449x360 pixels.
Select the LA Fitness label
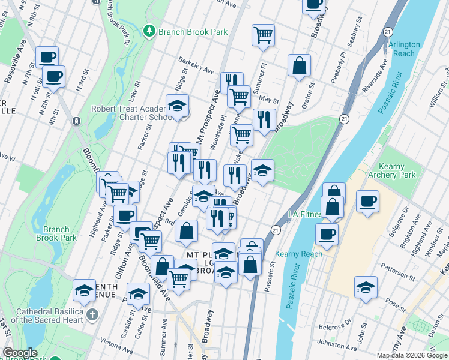(x=304, y=214)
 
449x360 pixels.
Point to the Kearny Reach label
(x=299, y=254)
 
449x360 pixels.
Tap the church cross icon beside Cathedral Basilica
(x=92, y=314)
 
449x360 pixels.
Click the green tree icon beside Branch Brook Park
(x=149, y=31)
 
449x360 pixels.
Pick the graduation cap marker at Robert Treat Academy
(x=177, y=106)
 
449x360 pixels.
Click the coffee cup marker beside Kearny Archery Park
(x=367, y=201)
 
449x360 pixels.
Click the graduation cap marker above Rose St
(x=366, y=287)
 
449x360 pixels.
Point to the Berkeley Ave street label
(x=196, y=66)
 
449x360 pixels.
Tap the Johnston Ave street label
(x=339, y=344)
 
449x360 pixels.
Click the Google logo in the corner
(x=20, y=353)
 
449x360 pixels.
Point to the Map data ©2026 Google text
(x=412, y=355)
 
